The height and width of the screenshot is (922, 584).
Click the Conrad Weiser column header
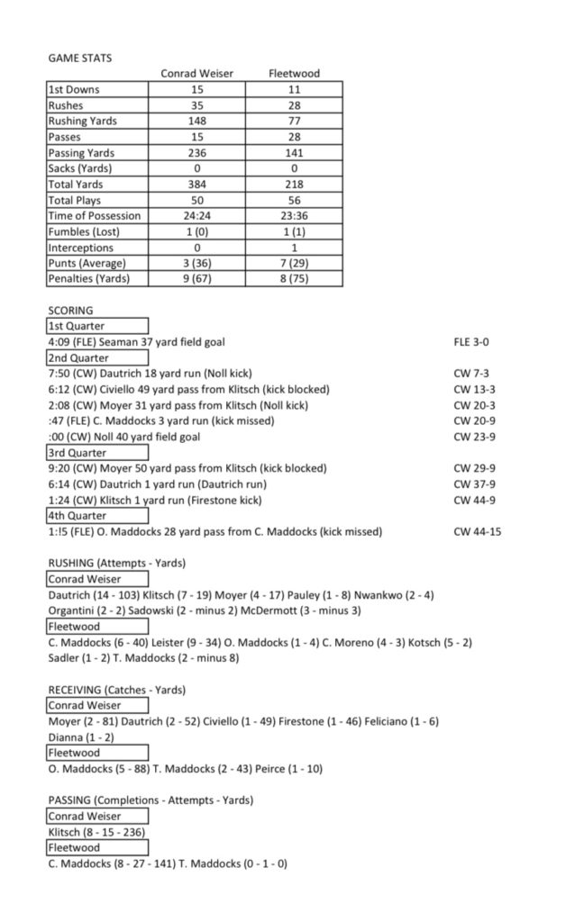[x=196, y=74]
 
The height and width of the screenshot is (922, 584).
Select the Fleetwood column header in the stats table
[x=294, y=74]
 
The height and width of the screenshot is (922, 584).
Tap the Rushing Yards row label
[x=83, y=122]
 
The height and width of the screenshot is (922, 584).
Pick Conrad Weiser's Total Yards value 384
[x=197, y=185]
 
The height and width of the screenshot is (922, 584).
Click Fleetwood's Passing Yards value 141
[x=294, y=153]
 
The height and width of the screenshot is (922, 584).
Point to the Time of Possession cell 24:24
[x=197, y=216]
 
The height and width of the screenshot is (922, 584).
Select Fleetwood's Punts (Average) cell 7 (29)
[x=294, y=263]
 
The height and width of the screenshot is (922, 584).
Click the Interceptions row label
[x=81, y=248]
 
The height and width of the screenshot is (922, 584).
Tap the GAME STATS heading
[x=80, y=58]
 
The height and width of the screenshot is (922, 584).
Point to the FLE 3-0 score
[x=471, y=342]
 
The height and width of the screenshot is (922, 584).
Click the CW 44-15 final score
[x=478, y=532]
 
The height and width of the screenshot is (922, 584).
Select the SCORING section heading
[x=70, y=311]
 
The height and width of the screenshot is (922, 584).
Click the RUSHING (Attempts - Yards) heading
[x=116, y=564]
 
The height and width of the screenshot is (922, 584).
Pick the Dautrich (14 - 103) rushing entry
[x=93, y=595]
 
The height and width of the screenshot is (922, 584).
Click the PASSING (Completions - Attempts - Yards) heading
[x=151, y=800]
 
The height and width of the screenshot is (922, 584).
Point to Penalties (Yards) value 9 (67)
[x=197, y=279]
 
